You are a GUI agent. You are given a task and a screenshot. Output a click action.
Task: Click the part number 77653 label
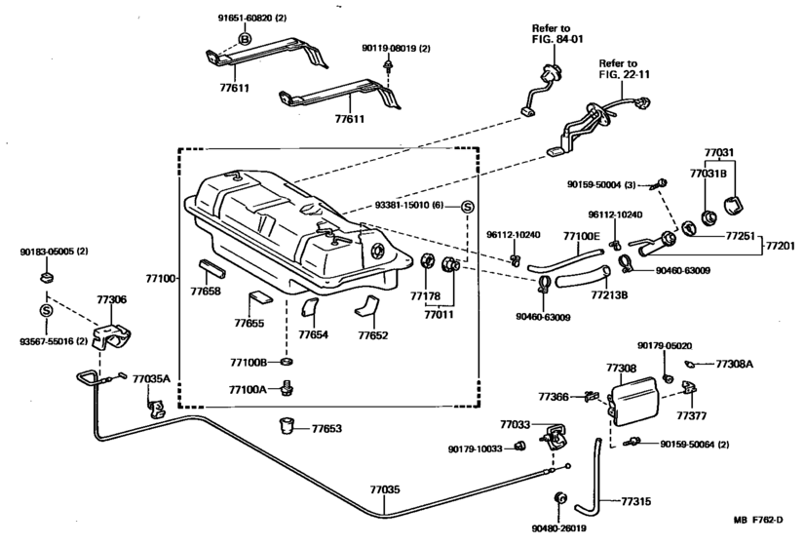[326, 428]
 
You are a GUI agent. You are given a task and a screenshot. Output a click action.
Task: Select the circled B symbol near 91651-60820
[245, 39]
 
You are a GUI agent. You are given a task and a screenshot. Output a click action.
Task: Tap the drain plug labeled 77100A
[287, 388]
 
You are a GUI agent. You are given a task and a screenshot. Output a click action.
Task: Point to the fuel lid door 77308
[634, 401]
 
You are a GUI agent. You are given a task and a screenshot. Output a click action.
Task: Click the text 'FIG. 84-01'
[558, 40]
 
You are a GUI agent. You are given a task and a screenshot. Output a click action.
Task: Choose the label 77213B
[609, 295]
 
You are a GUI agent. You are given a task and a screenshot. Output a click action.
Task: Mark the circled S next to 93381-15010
[467, 206]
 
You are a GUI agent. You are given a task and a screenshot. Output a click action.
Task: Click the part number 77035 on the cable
[385, 489]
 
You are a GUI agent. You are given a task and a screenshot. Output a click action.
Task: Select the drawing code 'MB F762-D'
[758, 520]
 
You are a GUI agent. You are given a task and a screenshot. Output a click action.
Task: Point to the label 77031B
[708, 174]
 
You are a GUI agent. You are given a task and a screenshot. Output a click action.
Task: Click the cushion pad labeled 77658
[211, 269]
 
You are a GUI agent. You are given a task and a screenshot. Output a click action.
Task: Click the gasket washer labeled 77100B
[287, 362]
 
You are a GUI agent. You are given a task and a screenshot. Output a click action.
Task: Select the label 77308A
[734, 365]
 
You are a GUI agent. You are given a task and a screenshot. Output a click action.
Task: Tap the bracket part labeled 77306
[111, 335]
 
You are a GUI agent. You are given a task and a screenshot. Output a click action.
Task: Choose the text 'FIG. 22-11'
[625, 74]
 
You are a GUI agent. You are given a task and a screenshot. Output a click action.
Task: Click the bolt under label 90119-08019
[388, 64]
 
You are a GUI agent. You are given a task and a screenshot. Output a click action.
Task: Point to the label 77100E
[581, 236]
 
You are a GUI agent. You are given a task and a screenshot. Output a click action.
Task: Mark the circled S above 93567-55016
[46, 311]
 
